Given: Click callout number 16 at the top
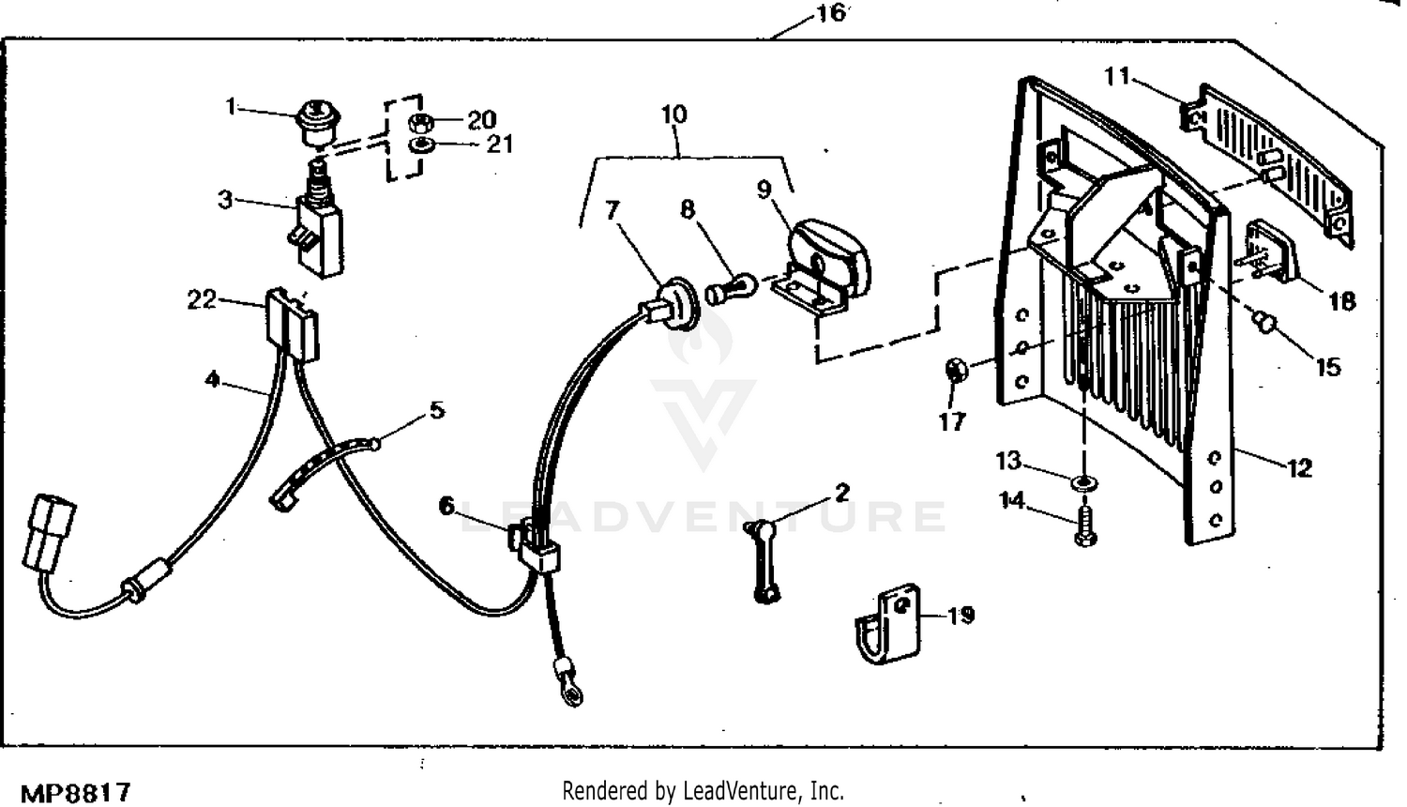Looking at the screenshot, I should [x=830, y=13].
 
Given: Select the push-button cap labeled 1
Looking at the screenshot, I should [x=317, y=122].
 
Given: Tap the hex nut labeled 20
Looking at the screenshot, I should [x=421, y=121].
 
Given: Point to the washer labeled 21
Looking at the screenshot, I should [x=421, y=145].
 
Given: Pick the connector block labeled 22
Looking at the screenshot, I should [x=292, y=324].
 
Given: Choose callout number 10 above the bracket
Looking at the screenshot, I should [x=673, y=114].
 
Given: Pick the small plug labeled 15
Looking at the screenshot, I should [x=1265, y=324].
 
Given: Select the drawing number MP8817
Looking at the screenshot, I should [x=75, y=793].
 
